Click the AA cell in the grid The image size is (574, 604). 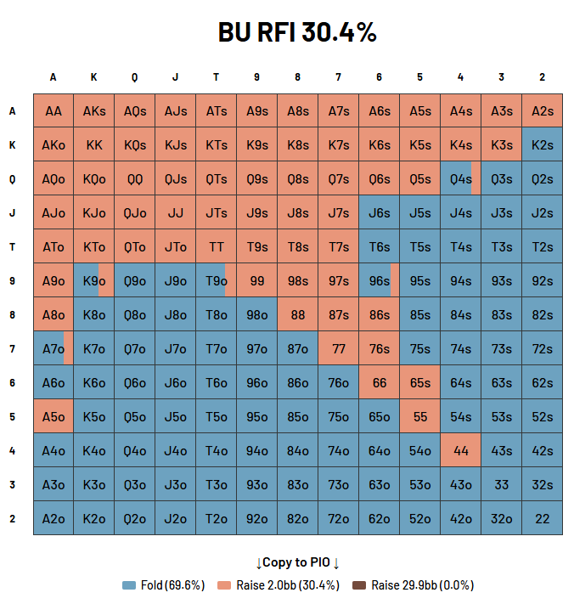click(x=53, y=110)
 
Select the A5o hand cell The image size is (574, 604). click(x=53, y=416)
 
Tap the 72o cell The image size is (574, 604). click(x=339, y=518)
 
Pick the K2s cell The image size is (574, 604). click(x=543, y=144)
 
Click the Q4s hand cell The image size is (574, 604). click(x=461, y=178)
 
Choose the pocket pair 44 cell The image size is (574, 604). click(x=461, y=450)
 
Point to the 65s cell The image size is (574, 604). click(x=420, y=382)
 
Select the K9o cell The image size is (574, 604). click(x=94, y=280)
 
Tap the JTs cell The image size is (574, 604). click(x=217, y=212)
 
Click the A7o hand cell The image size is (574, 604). click(x=53, y=348)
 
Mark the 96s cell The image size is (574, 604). click(x=380, y=280)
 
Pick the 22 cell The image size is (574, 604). click(x=543, y=518)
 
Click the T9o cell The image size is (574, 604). click(x=217, y=280)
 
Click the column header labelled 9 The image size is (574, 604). click(x=257, y=77)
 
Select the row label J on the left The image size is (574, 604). click(x=13, y=212)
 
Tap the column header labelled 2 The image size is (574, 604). click(x=543, y=77)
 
